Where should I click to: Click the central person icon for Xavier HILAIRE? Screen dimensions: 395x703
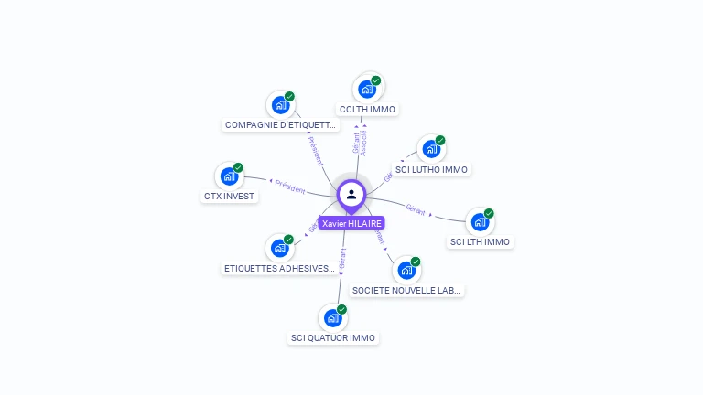351,194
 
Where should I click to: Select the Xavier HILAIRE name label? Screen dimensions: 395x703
351,223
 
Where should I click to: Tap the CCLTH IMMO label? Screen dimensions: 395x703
367,110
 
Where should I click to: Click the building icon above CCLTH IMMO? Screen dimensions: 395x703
367,89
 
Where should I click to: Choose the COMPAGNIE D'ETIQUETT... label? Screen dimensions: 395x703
281,125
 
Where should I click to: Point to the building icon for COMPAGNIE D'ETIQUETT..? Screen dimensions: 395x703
280,105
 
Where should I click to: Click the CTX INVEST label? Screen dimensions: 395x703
229,197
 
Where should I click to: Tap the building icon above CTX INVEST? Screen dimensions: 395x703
229,176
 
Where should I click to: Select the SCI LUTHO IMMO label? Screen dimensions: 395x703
431,170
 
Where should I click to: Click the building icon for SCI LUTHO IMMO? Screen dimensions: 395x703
431,149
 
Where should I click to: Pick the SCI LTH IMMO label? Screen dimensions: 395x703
481,242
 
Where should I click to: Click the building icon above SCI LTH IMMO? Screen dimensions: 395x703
480,222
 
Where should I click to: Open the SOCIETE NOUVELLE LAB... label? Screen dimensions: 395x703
407,291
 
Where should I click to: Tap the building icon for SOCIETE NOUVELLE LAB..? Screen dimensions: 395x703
406,271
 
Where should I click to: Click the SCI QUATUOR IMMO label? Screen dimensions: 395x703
333,338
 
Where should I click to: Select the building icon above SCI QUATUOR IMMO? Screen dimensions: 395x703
333,318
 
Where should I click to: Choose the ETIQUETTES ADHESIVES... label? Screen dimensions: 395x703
280,269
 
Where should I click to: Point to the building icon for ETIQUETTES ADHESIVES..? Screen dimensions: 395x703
280,248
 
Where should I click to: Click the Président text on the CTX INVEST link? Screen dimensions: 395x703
290,187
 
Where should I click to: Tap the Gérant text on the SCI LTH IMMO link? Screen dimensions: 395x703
416,208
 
